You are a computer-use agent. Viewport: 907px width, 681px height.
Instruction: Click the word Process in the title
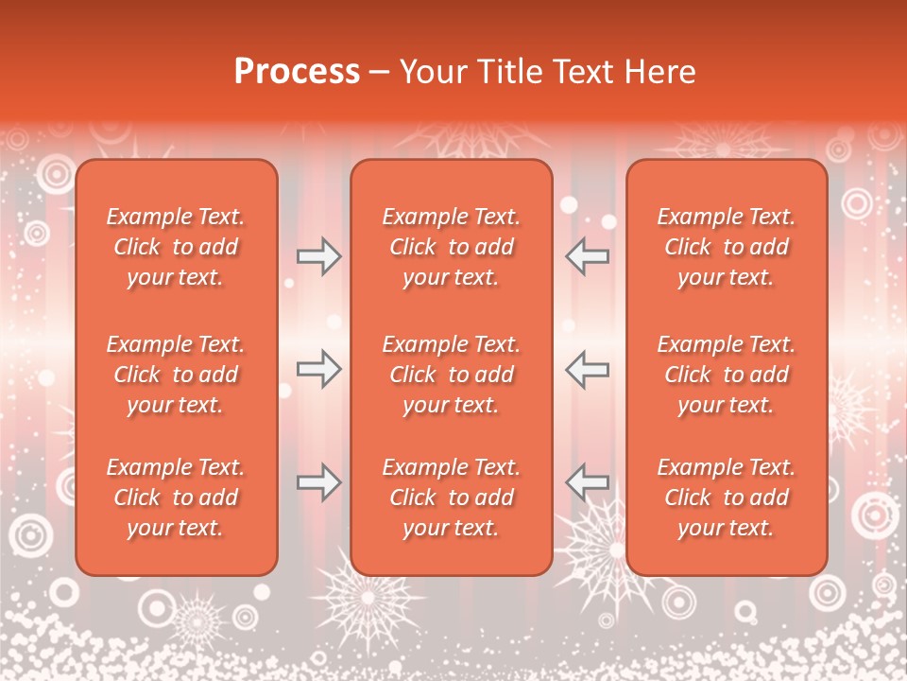pyautogui.click(x=297, y=72)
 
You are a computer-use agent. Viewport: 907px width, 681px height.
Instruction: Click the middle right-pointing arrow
pyautogui.click(x=318, y=369)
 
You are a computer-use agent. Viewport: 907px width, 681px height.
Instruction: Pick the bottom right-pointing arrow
pyautogui.click(x=318, y=482)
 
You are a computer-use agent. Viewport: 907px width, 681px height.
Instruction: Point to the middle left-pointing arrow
pyautogui.click(x=588, y=369)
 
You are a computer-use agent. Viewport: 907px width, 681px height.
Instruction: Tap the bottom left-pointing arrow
pyautogui.click(x=588, y=482)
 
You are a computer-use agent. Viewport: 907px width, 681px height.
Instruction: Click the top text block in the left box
pyautogui.click(x=176, y=247)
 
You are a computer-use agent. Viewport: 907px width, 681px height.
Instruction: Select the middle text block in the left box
pyautogui.click(x=176, y=375)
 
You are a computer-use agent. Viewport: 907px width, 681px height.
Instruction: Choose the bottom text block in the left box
pyautogui.click(x=176, y=498)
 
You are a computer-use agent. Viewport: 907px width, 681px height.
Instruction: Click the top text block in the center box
pyautogui.click(x=452, y=247)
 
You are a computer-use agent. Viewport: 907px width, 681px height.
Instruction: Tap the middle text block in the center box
pyautogui.click(x=452, y=375)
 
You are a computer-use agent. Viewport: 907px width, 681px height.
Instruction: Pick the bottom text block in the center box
pyautogui.click(x=452, y=498)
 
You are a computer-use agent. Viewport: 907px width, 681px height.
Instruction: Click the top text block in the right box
pyautogui.click(x=727, y=247)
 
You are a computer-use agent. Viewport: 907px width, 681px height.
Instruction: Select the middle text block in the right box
pyautogui.click(x=727, y=375)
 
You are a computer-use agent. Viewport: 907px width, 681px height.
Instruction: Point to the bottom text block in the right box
pyautogui.click(x=727, y=498)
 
